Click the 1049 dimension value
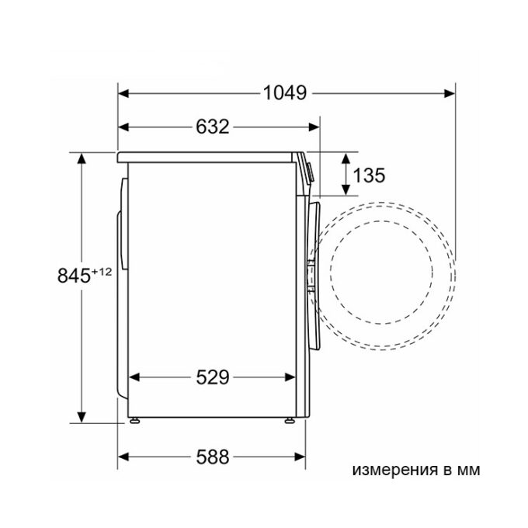pyautogui.click(x=284, y=93)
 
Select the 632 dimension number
pyautogui.click(x=213, y=127)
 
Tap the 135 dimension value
pyautogui.click(x=369, y=175)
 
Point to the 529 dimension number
pyautogui.click(x=213, y=377)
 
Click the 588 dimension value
pyautogui.click(x=213, y=457)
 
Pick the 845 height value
pyautogui.click(x=74, y=276)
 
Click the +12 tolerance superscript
pyautogui.click(x=101, y=272)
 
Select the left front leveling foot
pyautogui.click(x=134, y=420)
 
